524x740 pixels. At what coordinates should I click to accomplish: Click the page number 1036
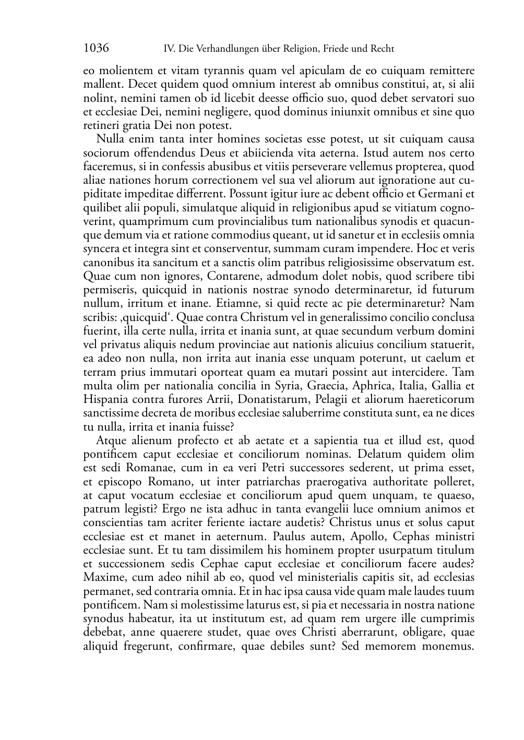tap(96, 49)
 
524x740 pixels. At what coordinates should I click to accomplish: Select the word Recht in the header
tap(382, 49)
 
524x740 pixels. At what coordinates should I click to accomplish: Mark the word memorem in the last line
tap(390, 646)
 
